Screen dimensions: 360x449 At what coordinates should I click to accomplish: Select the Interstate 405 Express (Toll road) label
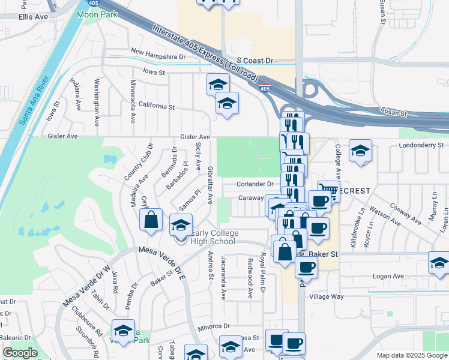pos(205,54)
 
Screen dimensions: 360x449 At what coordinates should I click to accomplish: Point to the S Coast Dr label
pos(255,61)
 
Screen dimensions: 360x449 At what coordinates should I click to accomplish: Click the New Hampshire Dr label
pos(158,55)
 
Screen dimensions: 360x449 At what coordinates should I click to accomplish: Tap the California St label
pos(156,106)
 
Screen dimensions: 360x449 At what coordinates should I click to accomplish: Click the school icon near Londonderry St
pos(360,151)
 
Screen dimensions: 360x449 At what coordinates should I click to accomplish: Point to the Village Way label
pos(326,296)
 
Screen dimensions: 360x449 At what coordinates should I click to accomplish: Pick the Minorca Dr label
pos(214,326)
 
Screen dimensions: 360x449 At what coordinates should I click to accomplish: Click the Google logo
pos(20,353)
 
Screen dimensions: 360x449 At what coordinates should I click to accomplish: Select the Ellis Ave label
pos(33,17)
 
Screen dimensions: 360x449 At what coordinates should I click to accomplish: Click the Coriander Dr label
pos(255,184)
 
